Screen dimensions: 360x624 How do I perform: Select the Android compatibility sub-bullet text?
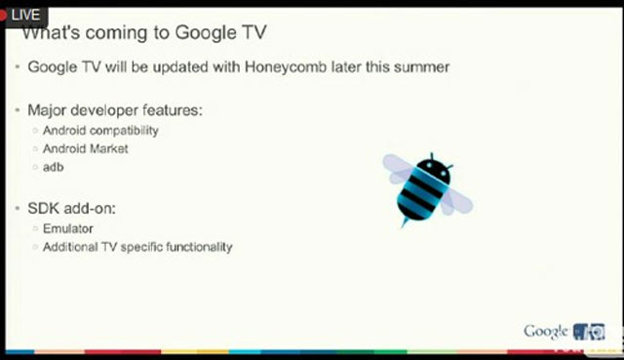pos(100,130)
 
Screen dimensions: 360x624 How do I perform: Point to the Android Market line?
pos(85,148)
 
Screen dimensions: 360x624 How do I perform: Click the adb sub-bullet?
pos(53,167)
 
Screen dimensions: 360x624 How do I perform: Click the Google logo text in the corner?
pos(545,331)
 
